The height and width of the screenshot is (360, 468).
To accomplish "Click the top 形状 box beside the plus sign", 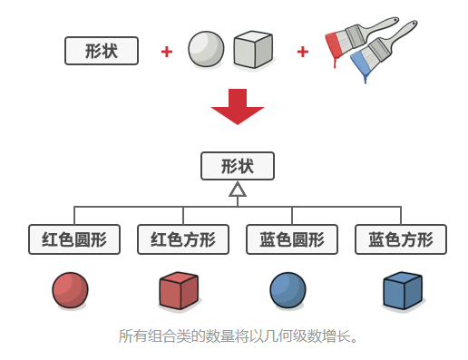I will click(x=102, y=51).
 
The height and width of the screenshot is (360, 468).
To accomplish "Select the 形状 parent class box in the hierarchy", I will click(x=237, y=166).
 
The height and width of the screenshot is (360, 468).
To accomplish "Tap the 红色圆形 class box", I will click(x=74, y=239).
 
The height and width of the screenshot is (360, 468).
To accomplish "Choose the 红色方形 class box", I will click(x=182, y=239).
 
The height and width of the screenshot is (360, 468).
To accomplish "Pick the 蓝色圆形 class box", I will click(x=291, y=239).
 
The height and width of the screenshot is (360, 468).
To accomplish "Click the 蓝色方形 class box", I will click(x=400, y=239).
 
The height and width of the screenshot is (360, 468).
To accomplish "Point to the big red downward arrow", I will click(x=237, y=107).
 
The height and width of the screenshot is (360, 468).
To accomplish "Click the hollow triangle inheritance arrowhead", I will click(x=237, y=190).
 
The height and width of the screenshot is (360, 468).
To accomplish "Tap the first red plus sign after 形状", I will click(x=166, y=51).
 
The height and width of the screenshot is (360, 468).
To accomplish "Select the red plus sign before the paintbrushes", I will click(x=302, y=51).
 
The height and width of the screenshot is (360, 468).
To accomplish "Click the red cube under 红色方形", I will click(x=179, y=290).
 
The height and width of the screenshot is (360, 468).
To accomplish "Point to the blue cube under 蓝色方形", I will click(x=403, y=290).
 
